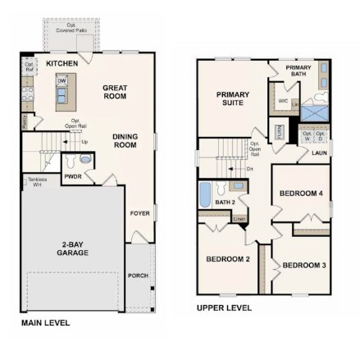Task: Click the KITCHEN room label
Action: [62, 63]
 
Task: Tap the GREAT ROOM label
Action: [115, 91]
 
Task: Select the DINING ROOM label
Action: [125, 141]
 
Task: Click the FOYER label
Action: [139, 213]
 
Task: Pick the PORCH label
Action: [138, 276]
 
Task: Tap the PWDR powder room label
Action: [73, 176]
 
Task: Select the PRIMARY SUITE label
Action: [233, 98]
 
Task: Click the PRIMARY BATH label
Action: [298, 71]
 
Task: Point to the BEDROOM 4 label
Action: [301, 193]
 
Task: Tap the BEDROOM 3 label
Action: [304, 265]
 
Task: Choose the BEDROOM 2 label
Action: [227, 259]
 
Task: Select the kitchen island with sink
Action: [62, 91]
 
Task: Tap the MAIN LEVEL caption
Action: [45, 322]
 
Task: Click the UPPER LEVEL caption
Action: [224, 308]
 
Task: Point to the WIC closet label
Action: [283, 101]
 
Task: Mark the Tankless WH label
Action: [33, 181]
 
